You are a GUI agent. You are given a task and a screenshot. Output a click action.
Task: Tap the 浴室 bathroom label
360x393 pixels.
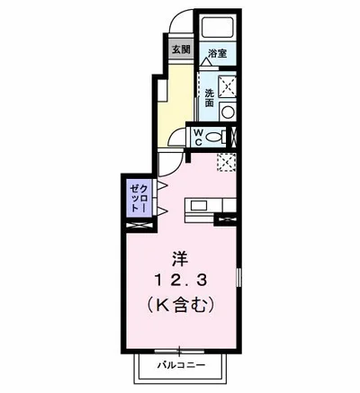(217, 52)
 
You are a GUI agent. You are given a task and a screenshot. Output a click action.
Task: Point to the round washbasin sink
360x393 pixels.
(228, 113)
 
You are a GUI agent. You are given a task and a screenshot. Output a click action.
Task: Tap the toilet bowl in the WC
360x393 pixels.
(214, 138)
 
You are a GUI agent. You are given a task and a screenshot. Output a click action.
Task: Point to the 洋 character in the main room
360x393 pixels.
(178, 258)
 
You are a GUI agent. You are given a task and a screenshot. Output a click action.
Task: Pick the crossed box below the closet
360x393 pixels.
(139, 225)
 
